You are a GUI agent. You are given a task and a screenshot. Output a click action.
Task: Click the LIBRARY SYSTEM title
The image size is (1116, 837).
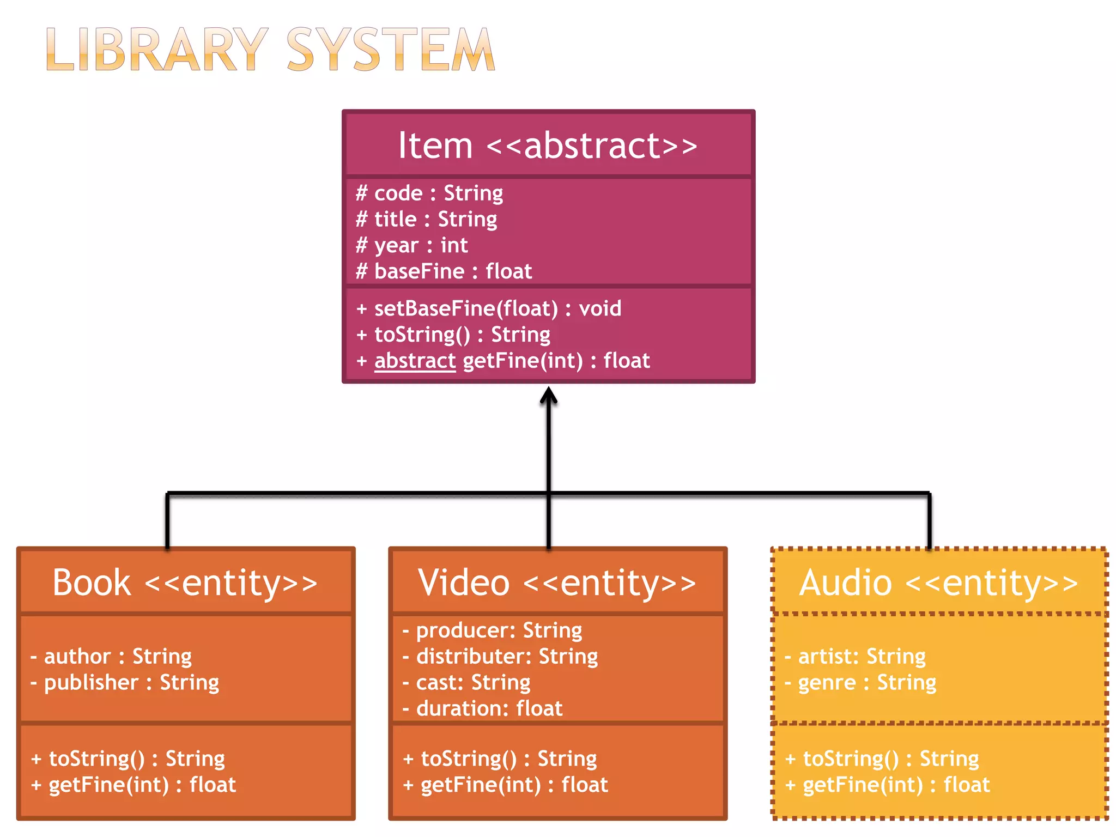coord(271,50)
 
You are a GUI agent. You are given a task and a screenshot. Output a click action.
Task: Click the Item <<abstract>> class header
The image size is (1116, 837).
coord(548,145)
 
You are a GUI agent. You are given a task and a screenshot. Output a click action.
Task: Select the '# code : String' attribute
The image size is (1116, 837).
coord(429,193)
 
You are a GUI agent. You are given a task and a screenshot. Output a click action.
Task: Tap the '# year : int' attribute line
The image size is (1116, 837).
coord(412,246)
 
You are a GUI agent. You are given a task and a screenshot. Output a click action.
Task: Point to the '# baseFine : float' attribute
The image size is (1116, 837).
coord(444,271)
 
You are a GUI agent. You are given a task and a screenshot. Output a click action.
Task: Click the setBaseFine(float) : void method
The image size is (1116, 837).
coord(488,309)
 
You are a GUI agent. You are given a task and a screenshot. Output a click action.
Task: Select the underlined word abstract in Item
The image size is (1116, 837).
coord(415,361)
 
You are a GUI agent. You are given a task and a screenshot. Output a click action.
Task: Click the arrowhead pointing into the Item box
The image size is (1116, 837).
coord(548,395)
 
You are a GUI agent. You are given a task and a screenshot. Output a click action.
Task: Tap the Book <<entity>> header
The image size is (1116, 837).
coord(185,583)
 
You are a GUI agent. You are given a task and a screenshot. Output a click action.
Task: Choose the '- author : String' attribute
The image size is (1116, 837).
coord(112,657)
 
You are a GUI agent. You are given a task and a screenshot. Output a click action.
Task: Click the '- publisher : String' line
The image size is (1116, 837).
coord(125,683)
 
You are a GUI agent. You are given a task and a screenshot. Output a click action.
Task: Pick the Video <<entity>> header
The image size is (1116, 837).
coord(557,583)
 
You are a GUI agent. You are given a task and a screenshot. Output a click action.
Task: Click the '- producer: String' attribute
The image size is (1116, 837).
coord(493,631)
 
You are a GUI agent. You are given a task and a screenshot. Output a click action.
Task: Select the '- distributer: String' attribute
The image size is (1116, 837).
coord(500,657)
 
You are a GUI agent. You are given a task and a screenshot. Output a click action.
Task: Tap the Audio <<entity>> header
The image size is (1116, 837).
coord(938,583)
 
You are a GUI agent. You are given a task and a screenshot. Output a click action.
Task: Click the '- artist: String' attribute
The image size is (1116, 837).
coord(856,657)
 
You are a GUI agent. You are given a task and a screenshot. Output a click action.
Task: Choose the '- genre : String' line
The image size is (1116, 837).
coord(861,683)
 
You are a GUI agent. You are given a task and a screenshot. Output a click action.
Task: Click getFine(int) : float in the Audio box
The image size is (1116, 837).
coord(888,785)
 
